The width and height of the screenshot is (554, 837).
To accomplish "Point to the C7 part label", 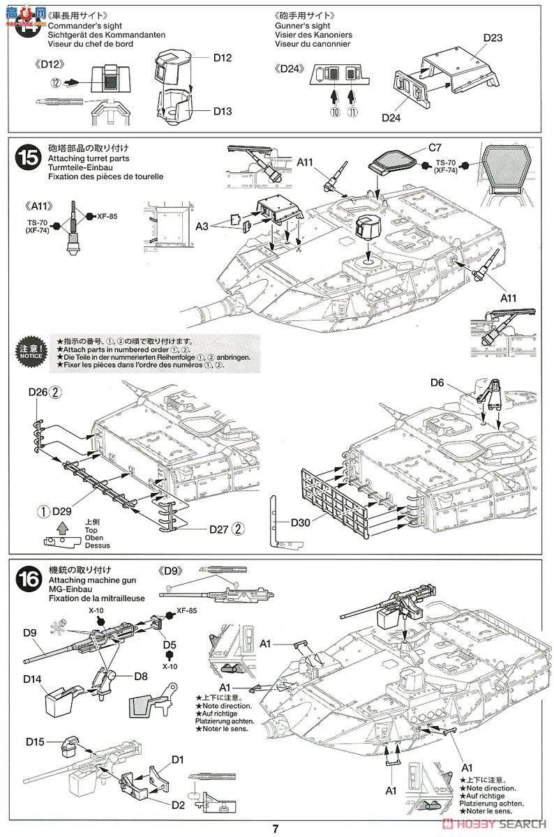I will pos(435,147).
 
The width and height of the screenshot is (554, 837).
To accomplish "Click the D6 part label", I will pos(437,382).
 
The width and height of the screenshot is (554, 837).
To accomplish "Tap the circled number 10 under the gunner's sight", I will pos(335,112).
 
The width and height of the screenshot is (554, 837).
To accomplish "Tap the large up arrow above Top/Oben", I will pos(62,527).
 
